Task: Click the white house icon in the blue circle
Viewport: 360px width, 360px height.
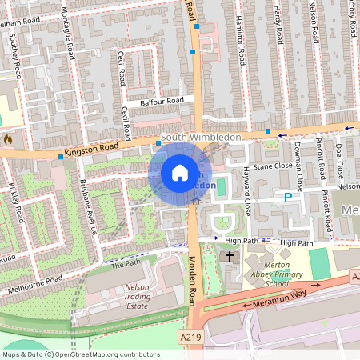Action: (x=180, y=173)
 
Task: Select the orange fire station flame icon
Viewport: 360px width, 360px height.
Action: (x=8, y=138)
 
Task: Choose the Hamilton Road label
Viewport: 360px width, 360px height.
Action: (x=241, y=43)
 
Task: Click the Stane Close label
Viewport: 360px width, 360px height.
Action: (x=273, y=166)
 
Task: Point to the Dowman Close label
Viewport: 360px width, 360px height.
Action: (x=297, y=160)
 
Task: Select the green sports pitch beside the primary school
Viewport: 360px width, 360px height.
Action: (x=320, y=263)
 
